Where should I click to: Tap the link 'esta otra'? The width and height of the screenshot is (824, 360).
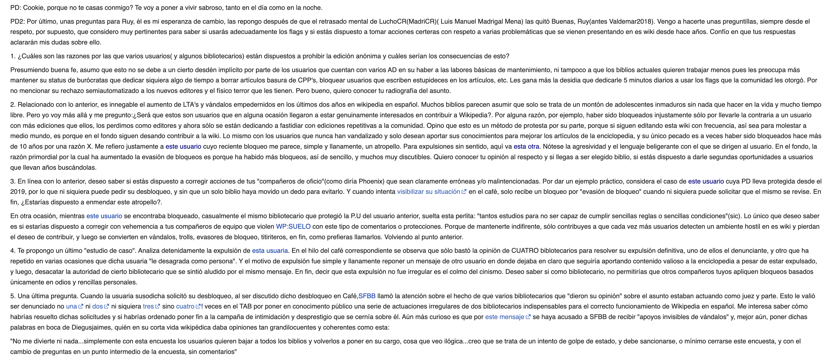click(x=526, y=147)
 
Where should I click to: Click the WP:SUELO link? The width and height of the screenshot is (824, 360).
click(x=293, y=226)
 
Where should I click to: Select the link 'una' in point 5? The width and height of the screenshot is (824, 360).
click(x=71, y=306)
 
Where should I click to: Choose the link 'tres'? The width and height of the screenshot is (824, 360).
click(x=148, y=306)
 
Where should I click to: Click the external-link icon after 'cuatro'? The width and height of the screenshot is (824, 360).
click(x=198, y=306)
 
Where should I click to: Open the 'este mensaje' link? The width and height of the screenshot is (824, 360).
click(x=505, y=317)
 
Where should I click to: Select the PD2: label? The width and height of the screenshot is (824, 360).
click(x=18, y=22)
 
